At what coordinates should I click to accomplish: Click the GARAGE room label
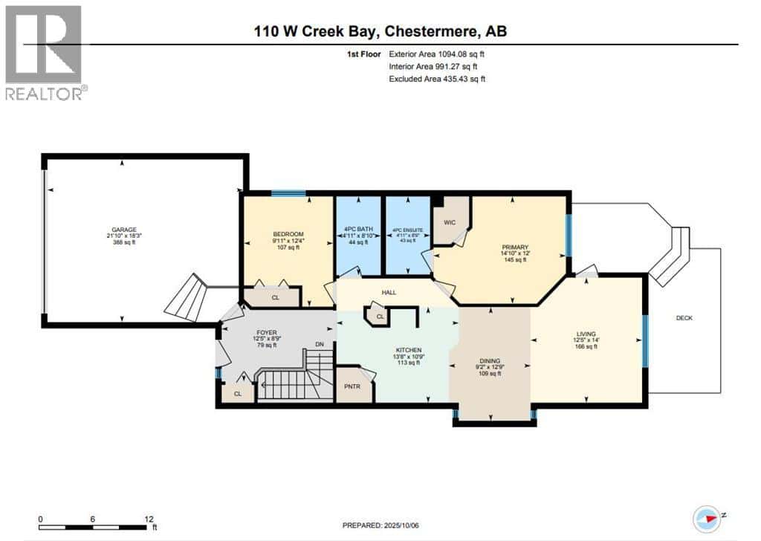pyautogui.click(x=123, y=230)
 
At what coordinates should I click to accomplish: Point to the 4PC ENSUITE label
pyautogui.click(x=407, y=230)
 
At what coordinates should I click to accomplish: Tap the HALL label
pyautogui.click(x=388, y=292)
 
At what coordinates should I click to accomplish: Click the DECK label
pyautogui.click(x=684, y=318)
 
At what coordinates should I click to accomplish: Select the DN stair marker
pyautogui.click(x=320, y=344)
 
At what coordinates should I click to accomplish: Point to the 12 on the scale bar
pyautogui.click(x=149, y=519)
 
